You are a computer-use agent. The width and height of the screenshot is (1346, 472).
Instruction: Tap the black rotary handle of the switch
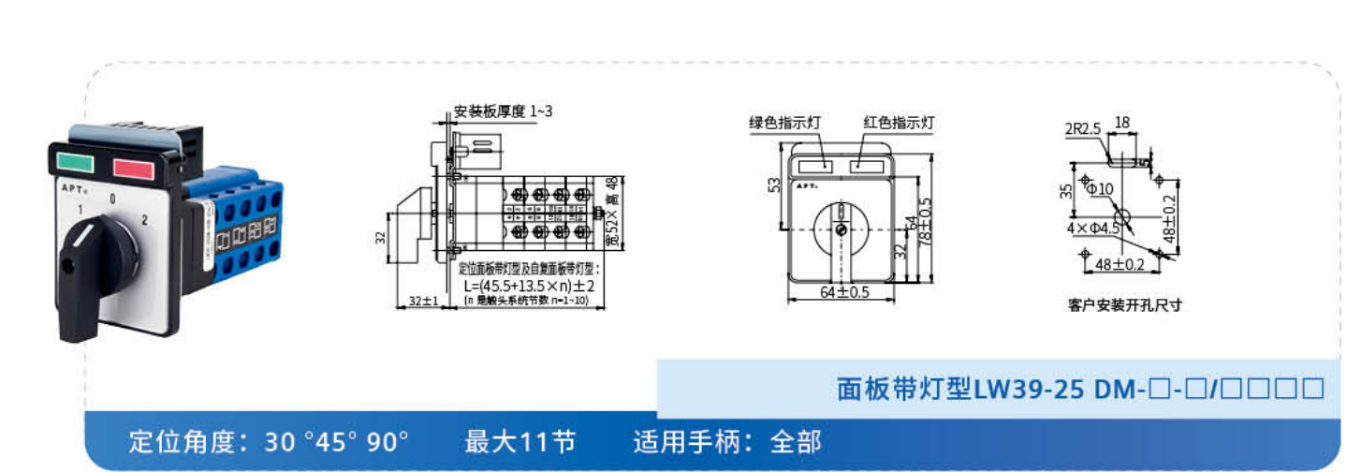coord(83,273)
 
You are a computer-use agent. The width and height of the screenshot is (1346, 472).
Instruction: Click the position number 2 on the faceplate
coord(144,221)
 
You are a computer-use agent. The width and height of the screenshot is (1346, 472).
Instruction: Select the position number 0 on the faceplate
coord(112,199)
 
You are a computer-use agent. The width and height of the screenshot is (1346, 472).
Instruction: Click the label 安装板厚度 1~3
coord(504,111)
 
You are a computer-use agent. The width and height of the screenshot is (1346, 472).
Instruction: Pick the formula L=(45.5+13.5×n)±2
coord(530,286)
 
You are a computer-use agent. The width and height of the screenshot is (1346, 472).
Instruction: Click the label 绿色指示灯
coord(784,123)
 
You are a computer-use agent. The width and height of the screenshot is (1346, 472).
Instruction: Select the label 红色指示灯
coord(898,123)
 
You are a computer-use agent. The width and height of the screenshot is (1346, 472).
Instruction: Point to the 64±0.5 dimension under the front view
coord(844,292)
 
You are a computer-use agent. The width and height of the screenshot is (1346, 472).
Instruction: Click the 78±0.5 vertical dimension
coord(926,220)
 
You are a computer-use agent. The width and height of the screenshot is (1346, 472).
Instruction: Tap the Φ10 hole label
coord(1099,189)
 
